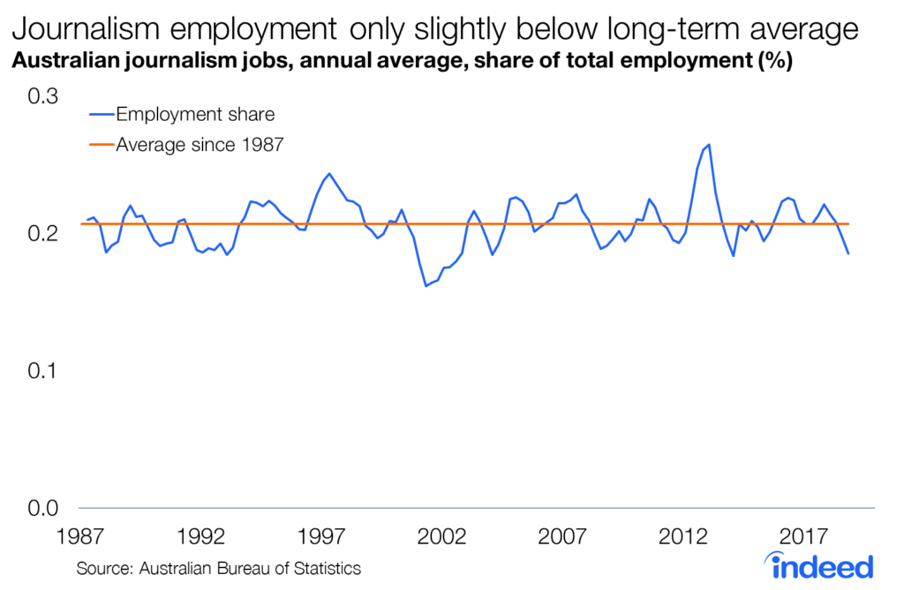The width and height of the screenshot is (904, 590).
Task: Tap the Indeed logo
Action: click(820, 565)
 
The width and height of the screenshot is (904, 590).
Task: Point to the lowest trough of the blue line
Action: click(426, 286)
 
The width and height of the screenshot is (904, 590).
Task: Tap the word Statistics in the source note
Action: click(324, 568)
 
